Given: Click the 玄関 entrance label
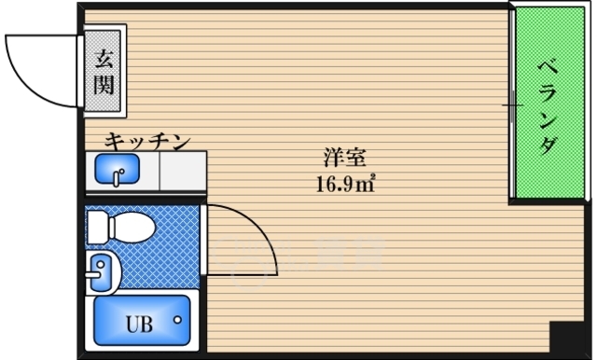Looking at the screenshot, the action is point(103,73).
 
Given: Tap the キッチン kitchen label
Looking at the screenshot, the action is point(146,142).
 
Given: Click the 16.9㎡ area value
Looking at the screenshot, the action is point(344,182).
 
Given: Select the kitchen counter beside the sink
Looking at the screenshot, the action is point(182,171).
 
